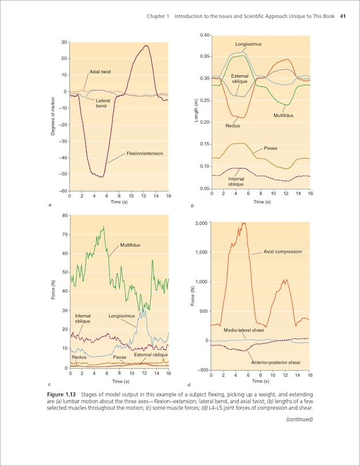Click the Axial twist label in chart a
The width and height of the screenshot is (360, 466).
pyautogui.click(x=100, y=72)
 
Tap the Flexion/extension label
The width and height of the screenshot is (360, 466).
pyautogui.click(x=144, y=154)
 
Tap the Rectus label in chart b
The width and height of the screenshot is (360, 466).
pyautogui.click(x=232, y=125)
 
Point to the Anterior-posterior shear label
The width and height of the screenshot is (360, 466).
pyautogui.click(x=276, y=362)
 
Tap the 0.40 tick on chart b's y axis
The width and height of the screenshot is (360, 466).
pyautogui.click(x=204, y=36)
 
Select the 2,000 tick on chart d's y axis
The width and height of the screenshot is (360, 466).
pyautogui.click(x=201, y=223)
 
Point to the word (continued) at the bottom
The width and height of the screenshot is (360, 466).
pyautogui.click(x=299, y=419)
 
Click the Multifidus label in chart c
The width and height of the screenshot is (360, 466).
pyautogui.click(x=130, y=245)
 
